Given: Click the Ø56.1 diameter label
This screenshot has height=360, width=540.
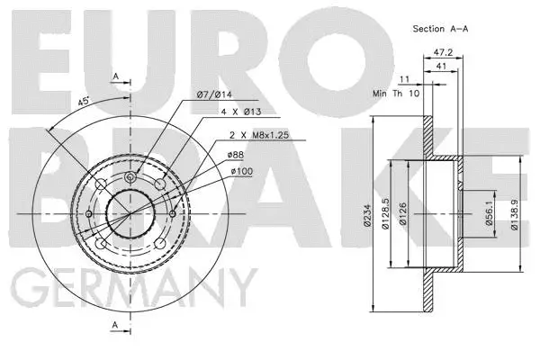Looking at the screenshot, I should pos(490,213).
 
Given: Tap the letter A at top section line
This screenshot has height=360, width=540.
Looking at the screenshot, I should pos(115,76).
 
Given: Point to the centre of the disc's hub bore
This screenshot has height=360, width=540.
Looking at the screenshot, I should pos(132,213).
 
